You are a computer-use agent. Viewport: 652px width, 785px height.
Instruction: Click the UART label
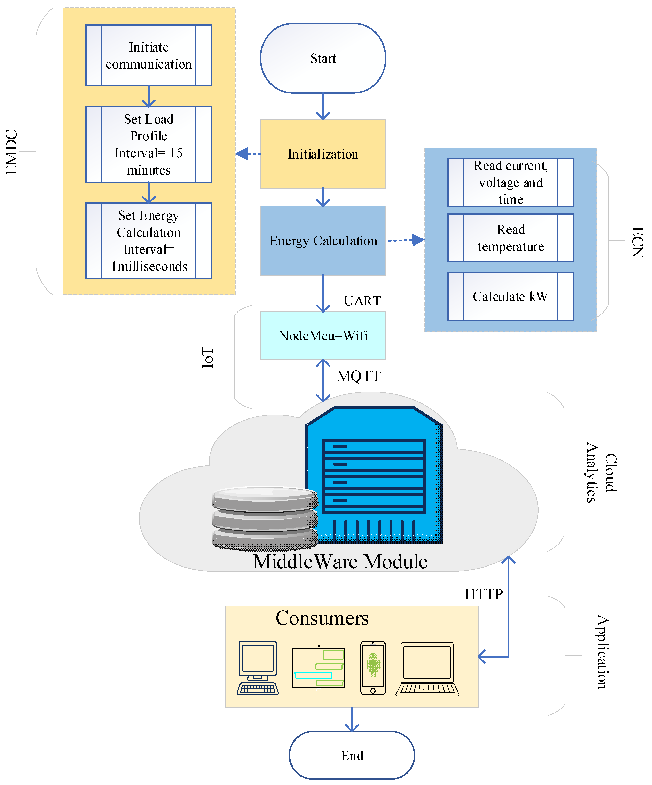pos(362,301)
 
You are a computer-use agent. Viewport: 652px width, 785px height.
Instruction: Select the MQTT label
pos(359,376)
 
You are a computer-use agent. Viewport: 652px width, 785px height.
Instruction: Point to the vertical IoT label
pos(207,357)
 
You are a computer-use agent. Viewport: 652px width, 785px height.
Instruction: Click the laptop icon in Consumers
pos(427,669)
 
